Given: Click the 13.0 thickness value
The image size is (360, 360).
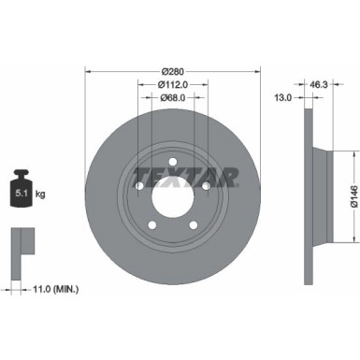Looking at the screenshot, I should click(281, 96).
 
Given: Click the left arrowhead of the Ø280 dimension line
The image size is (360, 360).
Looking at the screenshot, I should click(88, 72).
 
